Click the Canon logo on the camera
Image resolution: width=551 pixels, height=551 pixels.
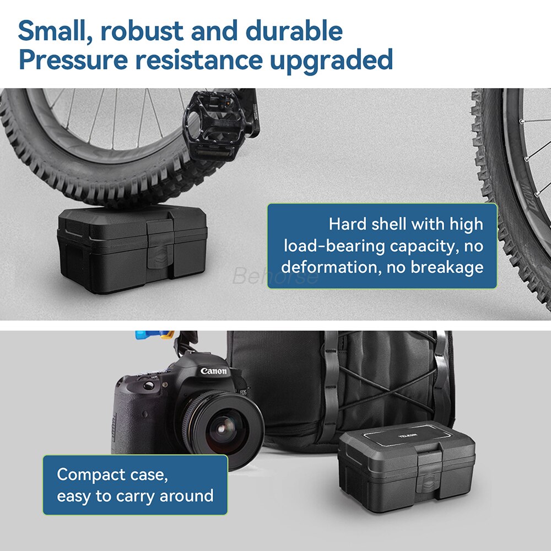point(213,371)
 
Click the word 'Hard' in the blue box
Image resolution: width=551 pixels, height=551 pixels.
point(347,224)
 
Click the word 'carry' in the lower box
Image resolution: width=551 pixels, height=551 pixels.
point(135,496)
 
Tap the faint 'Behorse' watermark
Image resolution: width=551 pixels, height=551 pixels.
point(275,275)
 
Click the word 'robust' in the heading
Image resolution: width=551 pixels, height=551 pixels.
point(140,31)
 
